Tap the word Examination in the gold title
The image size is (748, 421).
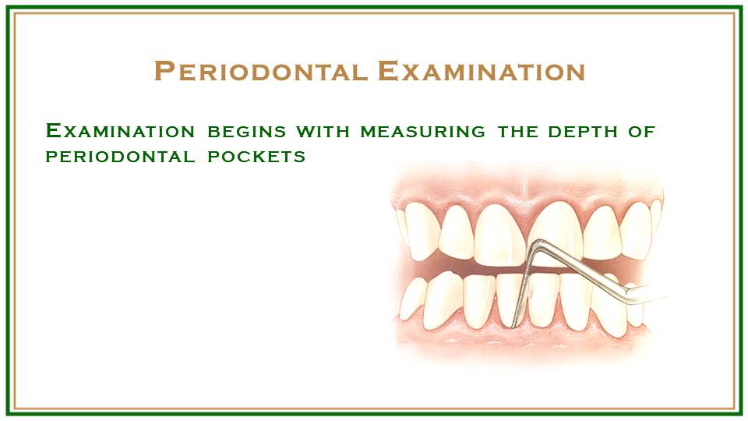click(x=481, y=72)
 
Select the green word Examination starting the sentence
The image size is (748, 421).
click(x=121, y=131)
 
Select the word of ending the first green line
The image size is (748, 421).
click(x=642, y=131)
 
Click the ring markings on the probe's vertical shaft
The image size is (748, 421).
click(x=525, y=281)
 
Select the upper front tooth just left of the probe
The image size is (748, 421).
click(x=499, y=234)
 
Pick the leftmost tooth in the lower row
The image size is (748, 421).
click(x=412, y=301)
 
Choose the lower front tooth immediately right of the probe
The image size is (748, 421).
click(x=543, y=299)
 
